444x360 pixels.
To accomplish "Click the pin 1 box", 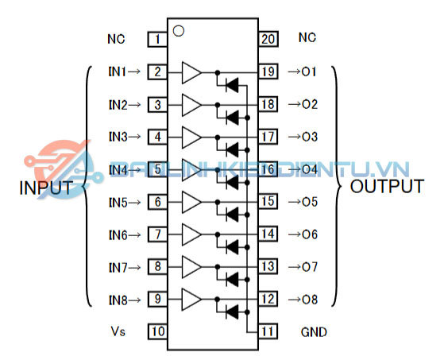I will coord(157,38).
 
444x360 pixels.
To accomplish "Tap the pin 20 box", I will coord(268,38).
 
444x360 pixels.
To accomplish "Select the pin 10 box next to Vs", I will coord(157,331).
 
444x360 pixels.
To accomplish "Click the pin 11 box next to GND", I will coord(268,331).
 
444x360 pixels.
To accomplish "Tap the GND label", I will coord(313,331).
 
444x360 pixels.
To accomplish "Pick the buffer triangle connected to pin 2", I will coord(191,72).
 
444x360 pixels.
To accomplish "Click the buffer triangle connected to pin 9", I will coord(191,299).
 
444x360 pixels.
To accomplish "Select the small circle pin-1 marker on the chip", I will coord(179,31).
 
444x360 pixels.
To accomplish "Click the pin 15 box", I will coord(268,202).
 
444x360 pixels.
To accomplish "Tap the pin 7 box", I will coord(157,234).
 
